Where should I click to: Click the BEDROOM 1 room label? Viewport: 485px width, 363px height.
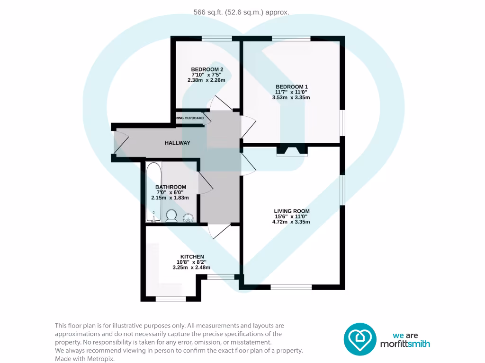pyautogui.click(x=291, y=86)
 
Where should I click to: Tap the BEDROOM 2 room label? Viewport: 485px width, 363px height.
pyautogui.click(x=207, y=69)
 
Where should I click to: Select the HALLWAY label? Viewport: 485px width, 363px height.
pyautogui.click(x=178, y=143)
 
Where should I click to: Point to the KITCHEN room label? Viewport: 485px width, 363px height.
pyautogui.click(x=192, y=257)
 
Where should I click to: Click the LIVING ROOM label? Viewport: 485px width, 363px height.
pyautogui.click(x=291, y=211)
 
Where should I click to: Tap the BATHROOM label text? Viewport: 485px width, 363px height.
pyautogui.click(x=171, y=187)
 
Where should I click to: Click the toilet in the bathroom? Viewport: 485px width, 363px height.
pyautogui.click(x=171, y=216)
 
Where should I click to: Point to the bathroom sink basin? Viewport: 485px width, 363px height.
pyautogui.click(x=188, y=217)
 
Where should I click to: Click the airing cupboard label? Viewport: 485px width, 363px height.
pyautogui.click(x=190, y=118)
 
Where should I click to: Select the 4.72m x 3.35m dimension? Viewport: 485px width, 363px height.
pyautogui.click(x=291, y=222)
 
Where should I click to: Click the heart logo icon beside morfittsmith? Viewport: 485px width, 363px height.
pyautogui.click(x=359, y=339)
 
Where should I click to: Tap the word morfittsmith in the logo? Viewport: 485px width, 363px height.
pyautogui.click(x=405, y=344)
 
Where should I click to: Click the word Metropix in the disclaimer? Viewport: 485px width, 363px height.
pyautogui.click(x=100, y=359)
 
